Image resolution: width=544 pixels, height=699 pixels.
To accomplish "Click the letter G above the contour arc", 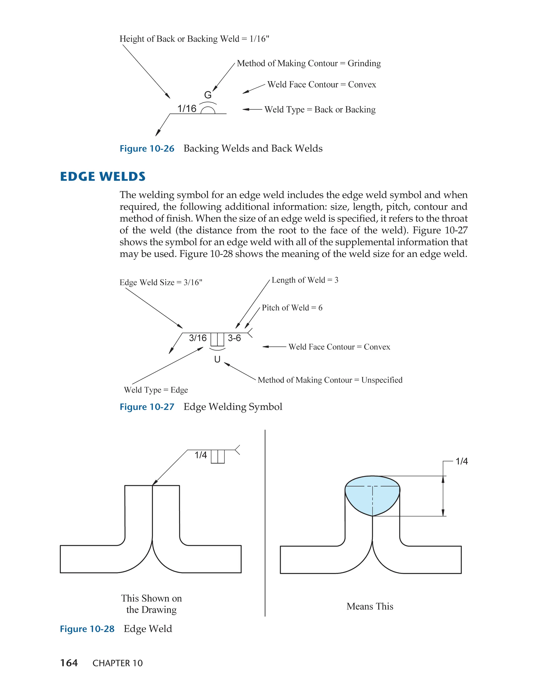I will (208, 95).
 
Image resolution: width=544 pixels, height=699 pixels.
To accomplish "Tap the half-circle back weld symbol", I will (208, 110).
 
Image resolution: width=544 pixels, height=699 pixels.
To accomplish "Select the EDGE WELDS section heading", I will (103, 177).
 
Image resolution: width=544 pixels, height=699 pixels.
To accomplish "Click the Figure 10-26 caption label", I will (147, 149).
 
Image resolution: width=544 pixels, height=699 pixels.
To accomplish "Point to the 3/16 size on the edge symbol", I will (198, 338).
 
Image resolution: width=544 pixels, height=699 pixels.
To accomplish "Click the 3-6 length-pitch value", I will (234, 338).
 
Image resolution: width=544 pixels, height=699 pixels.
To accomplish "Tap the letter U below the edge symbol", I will (217, 359).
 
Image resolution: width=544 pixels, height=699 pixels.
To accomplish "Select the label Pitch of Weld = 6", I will (292, 308).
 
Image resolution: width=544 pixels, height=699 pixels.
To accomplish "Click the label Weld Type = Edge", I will (156, 390).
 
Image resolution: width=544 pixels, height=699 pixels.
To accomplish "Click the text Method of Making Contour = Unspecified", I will (330, 380).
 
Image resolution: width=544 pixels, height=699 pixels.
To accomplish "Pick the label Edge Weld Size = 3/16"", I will (161, 282).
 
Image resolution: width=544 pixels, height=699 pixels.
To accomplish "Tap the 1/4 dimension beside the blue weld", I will (461, 461).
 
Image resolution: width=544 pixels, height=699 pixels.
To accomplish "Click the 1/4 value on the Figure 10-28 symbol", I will (201, 455).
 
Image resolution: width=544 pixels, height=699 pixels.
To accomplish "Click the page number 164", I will (69, 663).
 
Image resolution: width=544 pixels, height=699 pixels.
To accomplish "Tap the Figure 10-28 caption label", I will (87, 629).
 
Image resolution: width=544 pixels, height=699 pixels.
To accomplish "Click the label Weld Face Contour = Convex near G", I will (322, 84).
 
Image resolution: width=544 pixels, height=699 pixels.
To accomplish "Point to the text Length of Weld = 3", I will (305, 280).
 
